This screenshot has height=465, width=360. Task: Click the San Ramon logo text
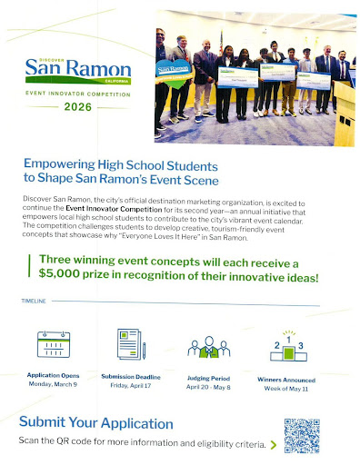71,69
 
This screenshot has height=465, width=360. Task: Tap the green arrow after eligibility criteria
273,445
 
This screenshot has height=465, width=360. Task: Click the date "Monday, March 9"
54,385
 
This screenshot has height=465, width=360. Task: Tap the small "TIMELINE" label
32,323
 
